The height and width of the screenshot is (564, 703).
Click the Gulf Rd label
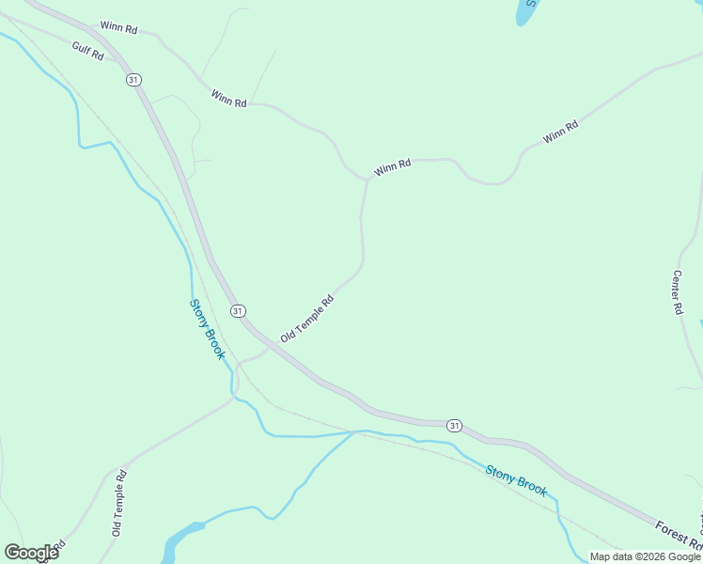(86, 51)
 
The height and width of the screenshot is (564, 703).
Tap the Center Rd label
(677, 291)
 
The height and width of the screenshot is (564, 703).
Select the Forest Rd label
(679, 536)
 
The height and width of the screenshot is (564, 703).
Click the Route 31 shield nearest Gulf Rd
(133, 80)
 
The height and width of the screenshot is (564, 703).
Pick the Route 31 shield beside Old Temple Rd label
(238, 310)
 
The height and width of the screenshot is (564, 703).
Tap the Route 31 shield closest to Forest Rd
(455, 425)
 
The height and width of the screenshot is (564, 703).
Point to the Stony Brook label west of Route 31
(207, 329)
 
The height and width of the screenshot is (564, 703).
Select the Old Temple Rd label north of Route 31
(306, 319)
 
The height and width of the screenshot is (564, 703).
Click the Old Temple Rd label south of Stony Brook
(118, 502)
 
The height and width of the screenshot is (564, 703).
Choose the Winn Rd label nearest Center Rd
(560, 133)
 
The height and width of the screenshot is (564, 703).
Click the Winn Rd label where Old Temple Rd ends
(392, 168)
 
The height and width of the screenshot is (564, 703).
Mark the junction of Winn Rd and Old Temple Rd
(366, 179)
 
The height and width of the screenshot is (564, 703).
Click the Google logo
(31, 553)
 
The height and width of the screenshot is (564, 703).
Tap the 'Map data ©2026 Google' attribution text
(645, 556)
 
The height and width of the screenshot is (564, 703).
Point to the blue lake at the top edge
(523, 11)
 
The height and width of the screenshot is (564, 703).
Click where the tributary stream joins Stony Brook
(354, 432)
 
